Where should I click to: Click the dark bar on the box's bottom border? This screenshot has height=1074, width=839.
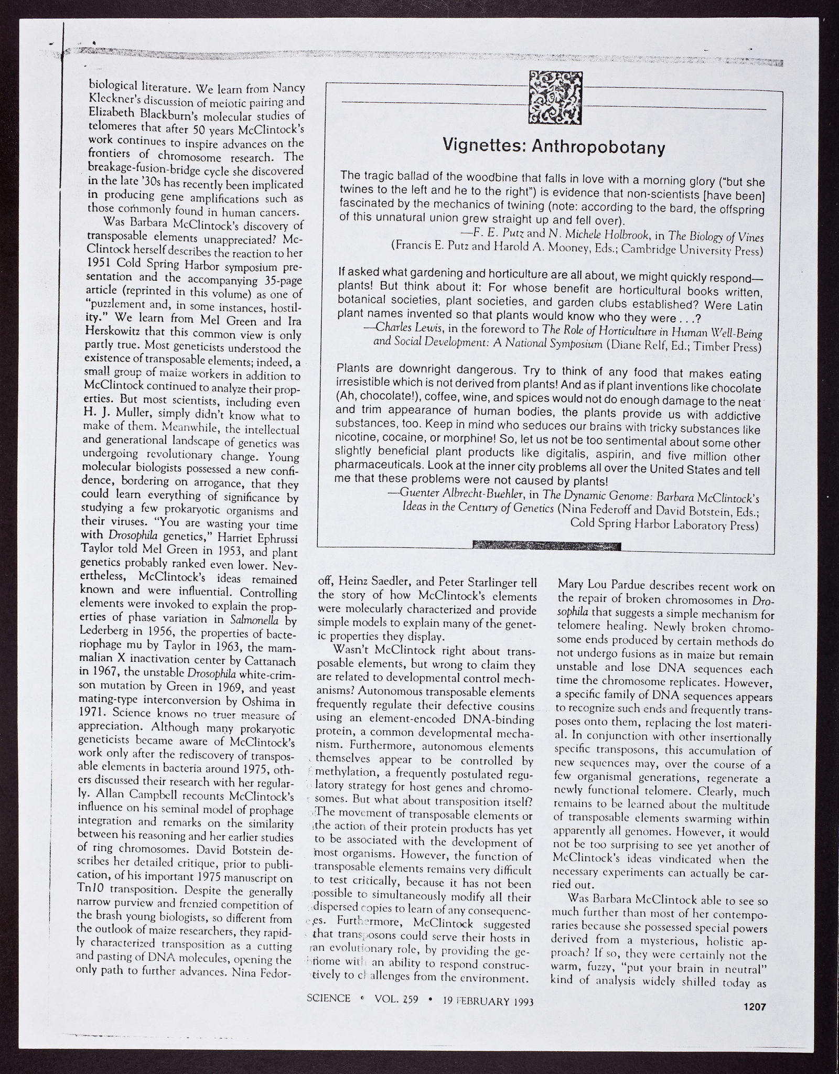point(546,546)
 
